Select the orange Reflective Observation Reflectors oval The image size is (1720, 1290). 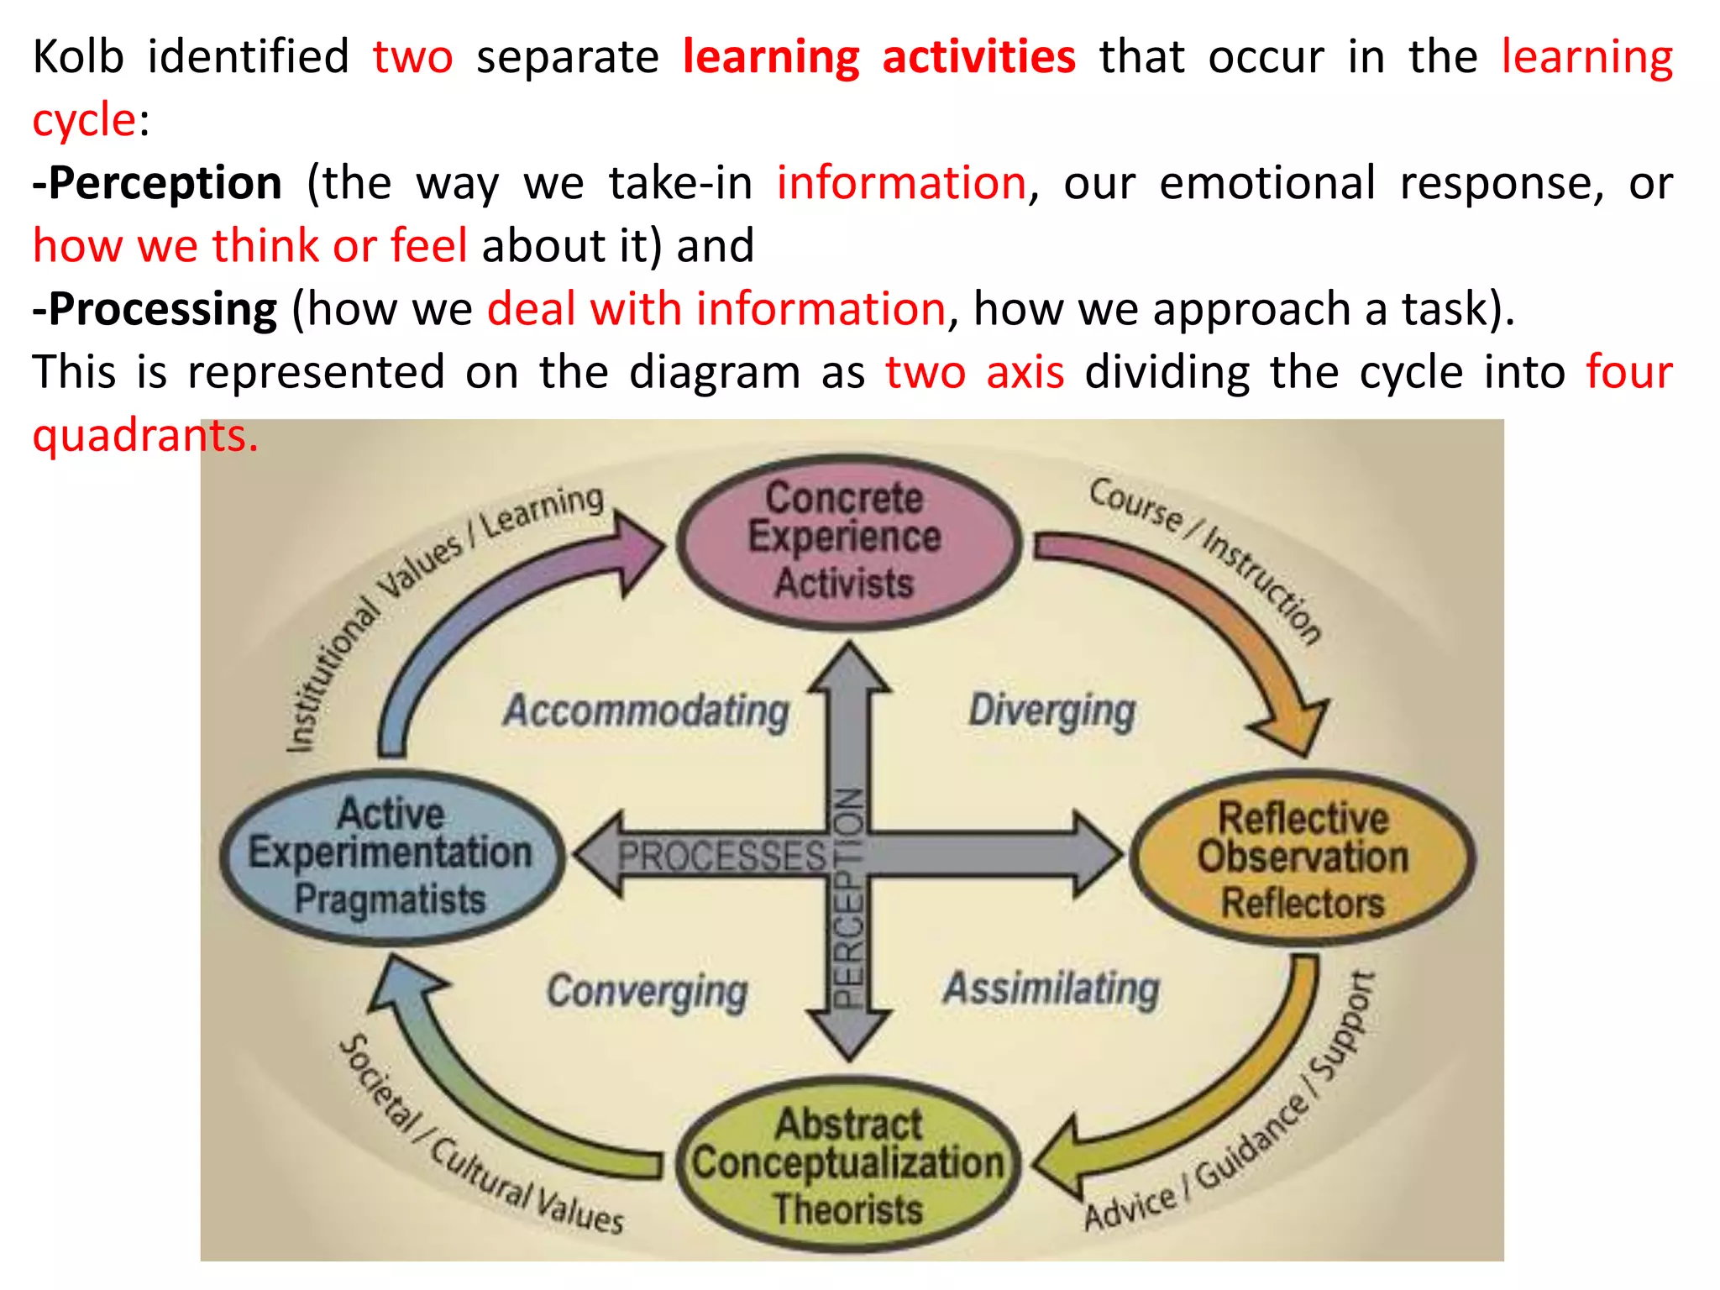[x=1303, y=857]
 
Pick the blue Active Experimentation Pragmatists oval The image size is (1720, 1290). [x=391, y=856]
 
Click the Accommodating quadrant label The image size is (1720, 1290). [x=646, y=711]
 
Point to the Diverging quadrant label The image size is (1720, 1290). [x=1051, y=711]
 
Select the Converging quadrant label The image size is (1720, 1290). [x=647, y=991]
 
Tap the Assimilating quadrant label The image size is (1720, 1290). [x=1051, y=988]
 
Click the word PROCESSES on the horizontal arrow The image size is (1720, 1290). [x=722, y=857]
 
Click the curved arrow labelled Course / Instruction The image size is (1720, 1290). [x=1209, y=613]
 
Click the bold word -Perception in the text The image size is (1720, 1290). [x=157, y=183]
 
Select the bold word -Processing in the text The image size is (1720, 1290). [x=155, y=309]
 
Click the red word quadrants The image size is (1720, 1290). [x=144, y=435]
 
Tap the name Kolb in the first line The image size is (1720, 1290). [x=78, y=57]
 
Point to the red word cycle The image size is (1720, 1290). [x=84, y=120]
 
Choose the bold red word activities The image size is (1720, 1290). [x=978, y=57]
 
